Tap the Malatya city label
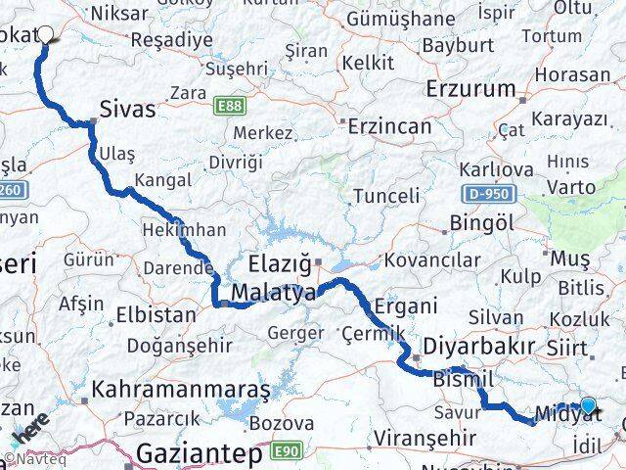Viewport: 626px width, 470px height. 273,293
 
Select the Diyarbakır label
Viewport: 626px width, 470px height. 479,347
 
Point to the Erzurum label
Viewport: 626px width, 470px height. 470,88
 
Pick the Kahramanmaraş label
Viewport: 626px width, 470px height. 180,389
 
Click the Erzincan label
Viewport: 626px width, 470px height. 388,125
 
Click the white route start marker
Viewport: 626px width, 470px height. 45,33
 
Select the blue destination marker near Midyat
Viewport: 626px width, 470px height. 587,405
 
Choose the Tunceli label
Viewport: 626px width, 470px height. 385,195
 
